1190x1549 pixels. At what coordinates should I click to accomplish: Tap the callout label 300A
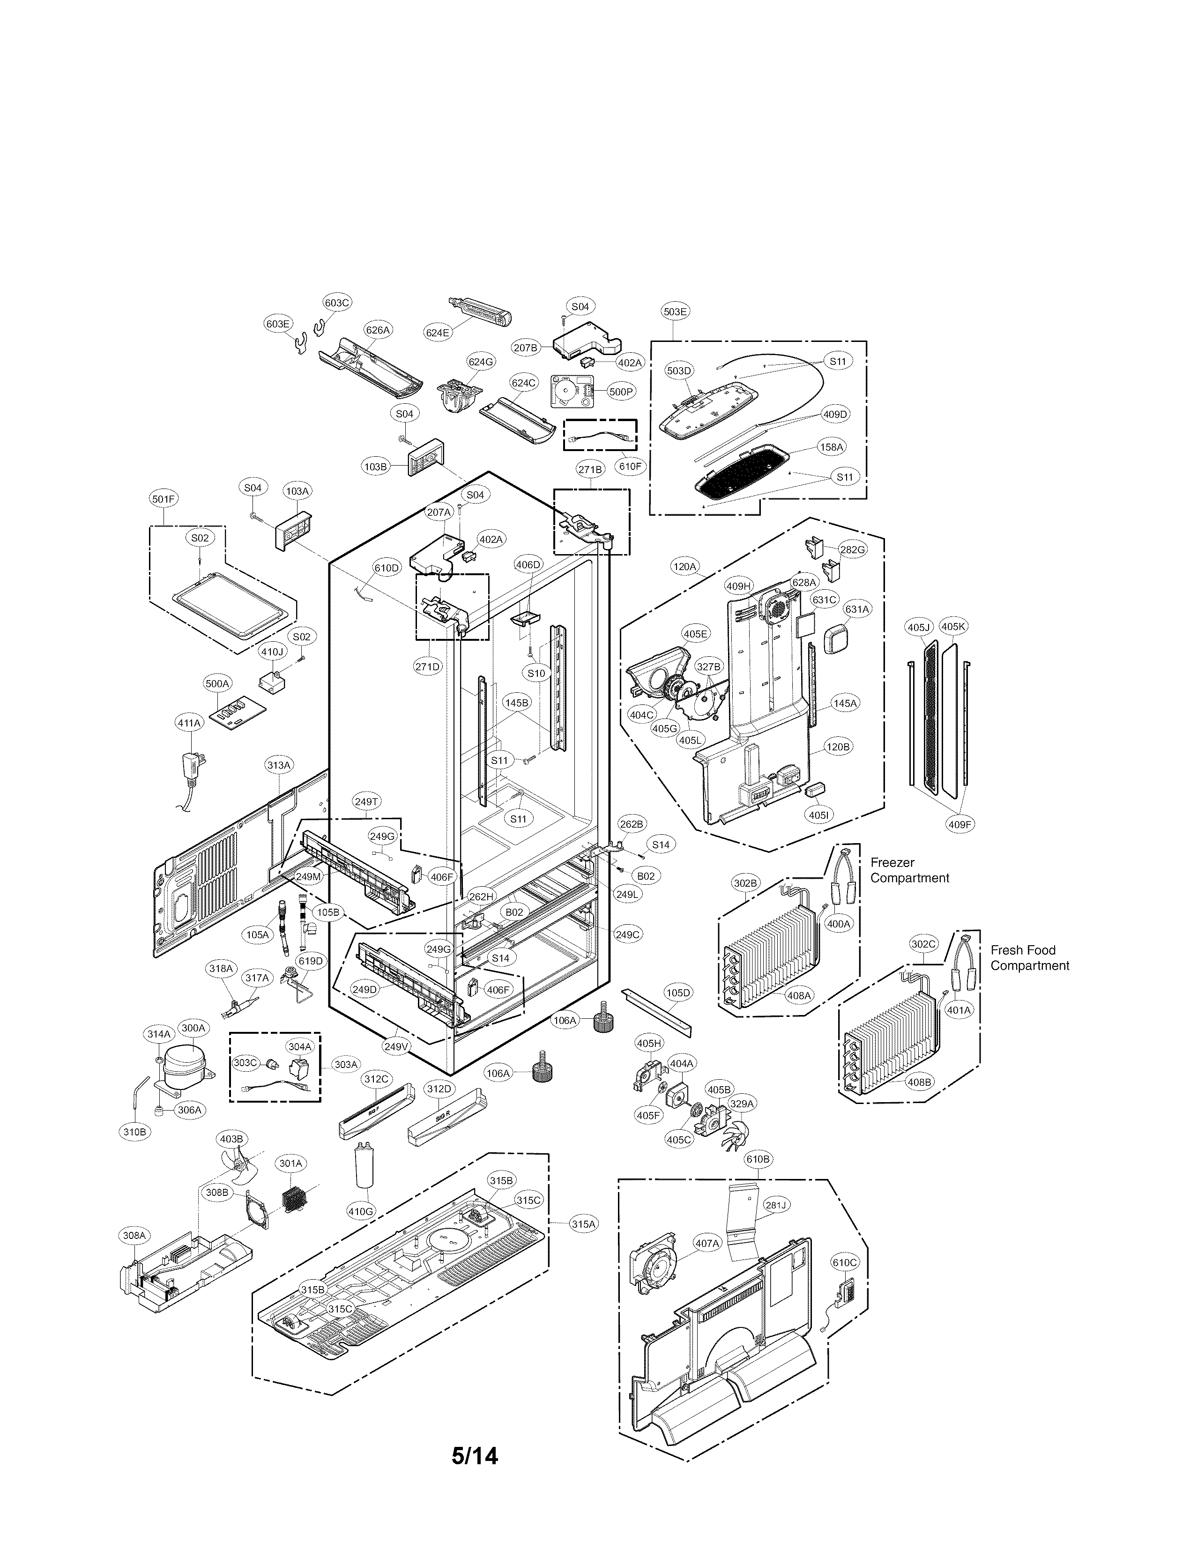pos(193,1028)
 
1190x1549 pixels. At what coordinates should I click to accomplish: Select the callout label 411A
pos(189,722)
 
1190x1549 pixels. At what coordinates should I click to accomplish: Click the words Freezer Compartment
pos(909,870)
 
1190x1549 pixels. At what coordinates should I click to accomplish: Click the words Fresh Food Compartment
pos(1029,957)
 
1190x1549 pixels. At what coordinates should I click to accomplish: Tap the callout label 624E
pos(438,332)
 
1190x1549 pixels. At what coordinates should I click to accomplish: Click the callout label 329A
pos(742,1104)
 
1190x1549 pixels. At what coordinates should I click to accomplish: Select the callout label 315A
pos(584,1224)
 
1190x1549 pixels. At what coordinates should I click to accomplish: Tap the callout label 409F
pos(960,824)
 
